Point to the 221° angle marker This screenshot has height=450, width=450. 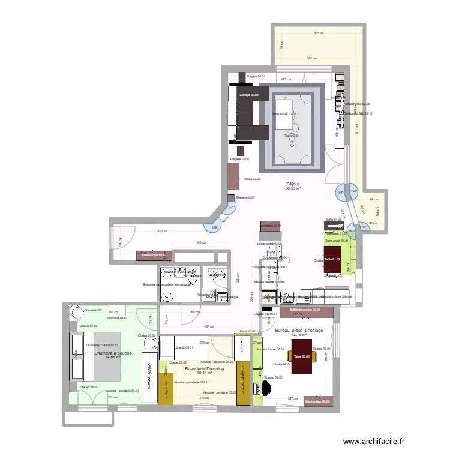click(x=231, y=208)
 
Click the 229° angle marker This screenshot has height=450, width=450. click(x=214, y=227)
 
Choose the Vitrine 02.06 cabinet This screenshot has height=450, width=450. click(x=233, y=178)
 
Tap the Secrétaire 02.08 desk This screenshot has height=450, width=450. click(x=271, y=226)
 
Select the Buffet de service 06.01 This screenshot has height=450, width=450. click(x=305, y=310)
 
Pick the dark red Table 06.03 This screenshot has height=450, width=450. click(x=302, y=356)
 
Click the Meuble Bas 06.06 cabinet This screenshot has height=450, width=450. click(x=317, y=401)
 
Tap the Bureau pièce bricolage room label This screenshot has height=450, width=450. click(x=299, y=331)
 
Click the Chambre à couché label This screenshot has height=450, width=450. click(x=113, y=354)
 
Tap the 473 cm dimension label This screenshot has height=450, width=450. click(x=287, y=79)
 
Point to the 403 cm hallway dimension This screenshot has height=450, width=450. click(x=162, y=231)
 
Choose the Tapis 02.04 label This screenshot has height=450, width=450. click(x=292, y=136)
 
